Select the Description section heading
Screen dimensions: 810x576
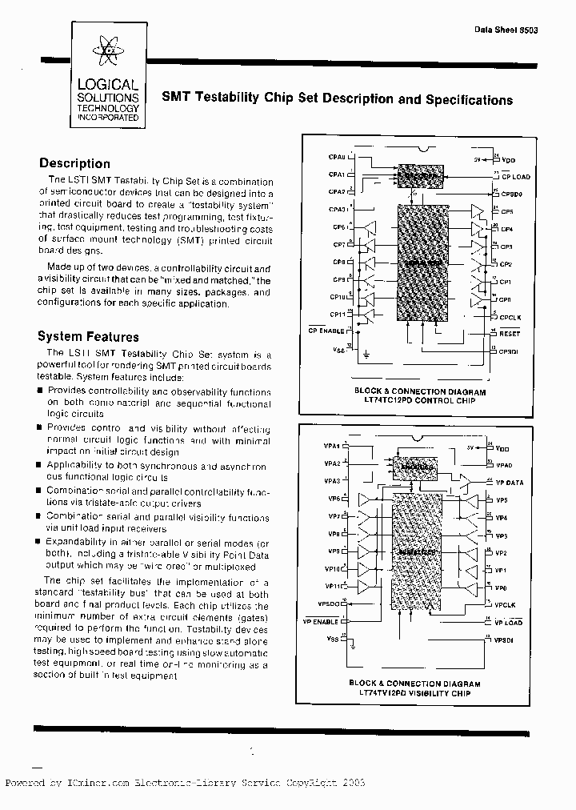pos(74,164)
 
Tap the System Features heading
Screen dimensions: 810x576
pos(88,337)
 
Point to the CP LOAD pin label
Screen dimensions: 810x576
pos(515,176)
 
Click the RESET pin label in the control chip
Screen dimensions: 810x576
pos(510,334)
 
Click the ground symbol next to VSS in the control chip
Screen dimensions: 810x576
pos(366,352)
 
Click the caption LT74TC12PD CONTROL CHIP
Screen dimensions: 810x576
pos(414,399)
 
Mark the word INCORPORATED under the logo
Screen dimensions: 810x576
pos(107,118)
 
